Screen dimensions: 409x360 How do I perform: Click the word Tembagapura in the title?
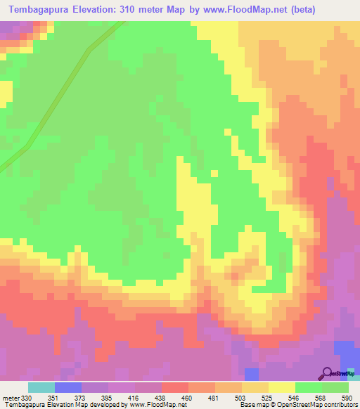[41, 10]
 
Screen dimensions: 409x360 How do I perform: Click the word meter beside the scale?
[11, 398]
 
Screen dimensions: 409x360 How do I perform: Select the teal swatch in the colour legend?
[41, 387]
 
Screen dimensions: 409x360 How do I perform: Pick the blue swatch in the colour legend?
[67, 387]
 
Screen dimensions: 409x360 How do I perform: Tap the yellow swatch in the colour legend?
[282, 387]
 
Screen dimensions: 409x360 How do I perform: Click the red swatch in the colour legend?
[174, 387]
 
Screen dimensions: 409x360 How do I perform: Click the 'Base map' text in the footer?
[254, 405]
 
